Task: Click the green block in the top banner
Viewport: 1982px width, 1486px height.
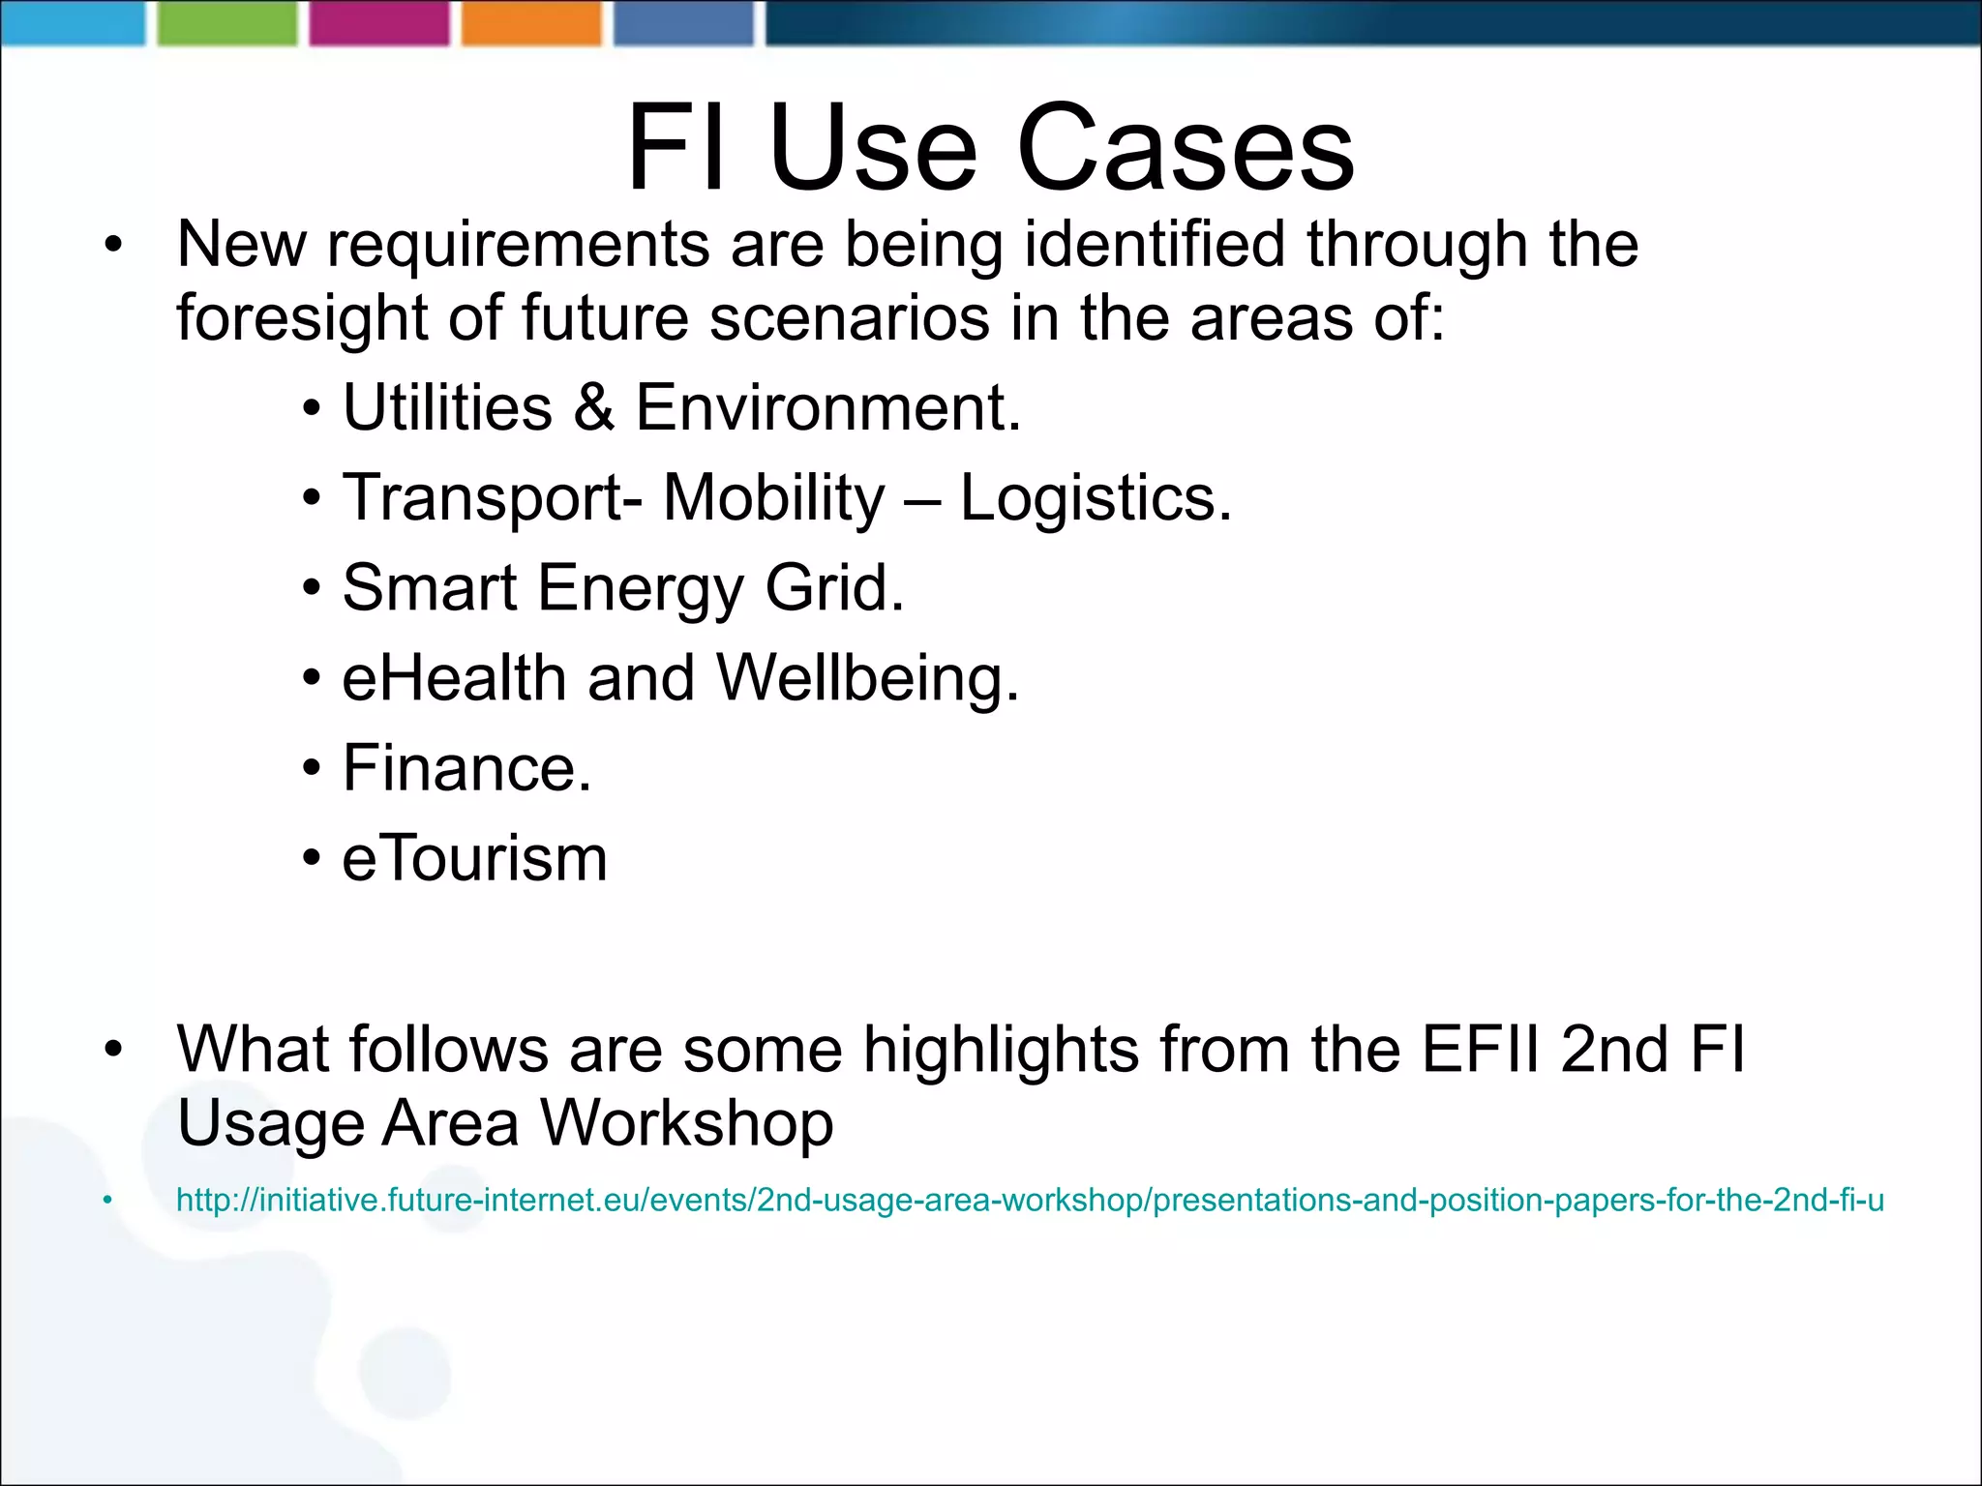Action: point(227,23)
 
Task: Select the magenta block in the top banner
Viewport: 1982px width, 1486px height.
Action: point(379,23)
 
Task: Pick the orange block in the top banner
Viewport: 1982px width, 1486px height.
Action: point(531,23)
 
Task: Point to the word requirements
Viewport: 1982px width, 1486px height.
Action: point(519,246)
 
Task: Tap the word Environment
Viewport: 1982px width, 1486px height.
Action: point(827,407)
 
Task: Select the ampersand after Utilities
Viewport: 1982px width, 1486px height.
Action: point(593,407)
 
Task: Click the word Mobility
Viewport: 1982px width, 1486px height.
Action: point(774,499)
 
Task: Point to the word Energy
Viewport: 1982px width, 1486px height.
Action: point(640,589)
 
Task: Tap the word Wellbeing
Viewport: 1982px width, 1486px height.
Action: point(867,679)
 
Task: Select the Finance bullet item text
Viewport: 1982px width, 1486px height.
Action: point(466,768)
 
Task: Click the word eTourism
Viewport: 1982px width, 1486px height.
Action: point(474,858)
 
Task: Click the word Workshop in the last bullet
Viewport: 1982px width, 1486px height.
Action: point(686,1125)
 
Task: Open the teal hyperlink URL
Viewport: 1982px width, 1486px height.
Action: point(1030,1201)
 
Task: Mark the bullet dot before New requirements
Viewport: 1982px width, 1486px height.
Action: point(114,246)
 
